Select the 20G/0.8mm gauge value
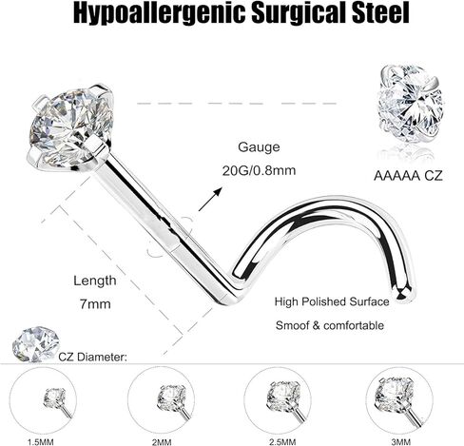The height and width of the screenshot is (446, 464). click(259, 170)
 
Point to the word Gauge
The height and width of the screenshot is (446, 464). click(259, 147)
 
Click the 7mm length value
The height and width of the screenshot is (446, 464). click(95, 304)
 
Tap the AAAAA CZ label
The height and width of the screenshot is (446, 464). click(408, 176)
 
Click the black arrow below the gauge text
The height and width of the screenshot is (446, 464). click(210, 199)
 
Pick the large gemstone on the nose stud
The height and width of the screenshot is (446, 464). click(70, 127)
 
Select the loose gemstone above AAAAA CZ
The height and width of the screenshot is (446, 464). click(411, 104)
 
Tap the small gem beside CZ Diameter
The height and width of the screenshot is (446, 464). click(36, 344)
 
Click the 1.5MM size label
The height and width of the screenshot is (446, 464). click(41, 441)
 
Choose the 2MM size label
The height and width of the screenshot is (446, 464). click(162, 441)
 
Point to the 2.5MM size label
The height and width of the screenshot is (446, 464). click(282, 441)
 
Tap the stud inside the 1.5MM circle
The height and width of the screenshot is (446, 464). click(57, 401)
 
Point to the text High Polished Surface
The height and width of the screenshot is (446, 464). click(332, 301)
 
